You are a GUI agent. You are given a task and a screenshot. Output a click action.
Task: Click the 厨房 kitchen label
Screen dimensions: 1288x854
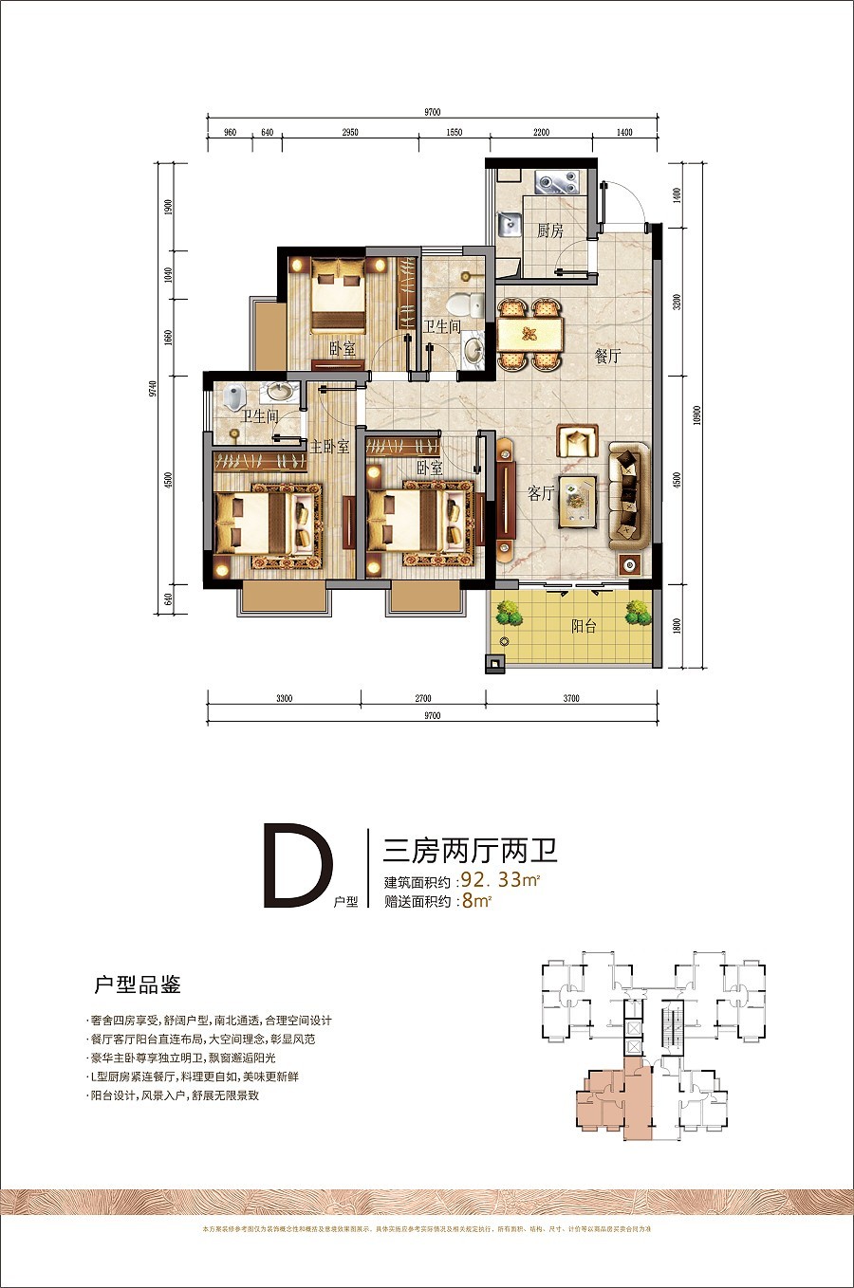tap(549, 230)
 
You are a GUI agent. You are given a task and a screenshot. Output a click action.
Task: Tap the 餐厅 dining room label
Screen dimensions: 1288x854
tap(607, 356)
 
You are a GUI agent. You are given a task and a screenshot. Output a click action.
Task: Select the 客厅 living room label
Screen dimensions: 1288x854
tap(541, 493)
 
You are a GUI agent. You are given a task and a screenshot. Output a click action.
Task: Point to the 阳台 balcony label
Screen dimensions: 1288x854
tap(584, 626)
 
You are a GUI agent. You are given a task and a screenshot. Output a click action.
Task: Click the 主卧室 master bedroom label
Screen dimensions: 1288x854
tap(329, 447)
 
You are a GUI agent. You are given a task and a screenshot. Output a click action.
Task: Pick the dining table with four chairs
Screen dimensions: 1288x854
tap(529, 334)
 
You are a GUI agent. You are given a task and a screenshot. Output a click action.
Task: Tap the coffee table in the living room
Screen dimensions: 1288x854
tap(577, 500)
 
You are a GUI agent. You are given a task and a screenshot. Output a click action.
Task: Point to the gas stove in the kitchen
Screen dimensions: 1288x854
tap(555, 181)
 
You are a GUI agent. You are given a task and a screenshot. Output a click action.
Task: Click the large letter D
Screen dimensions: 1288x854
tap(296, 868)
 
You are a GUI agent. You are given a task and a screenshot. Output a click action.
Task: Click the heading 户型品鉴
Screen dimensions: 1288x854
tap(138, 984)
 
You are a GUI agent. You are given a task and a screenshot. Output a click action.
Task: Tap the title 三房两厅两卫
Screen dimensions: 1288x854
tap(469, 849)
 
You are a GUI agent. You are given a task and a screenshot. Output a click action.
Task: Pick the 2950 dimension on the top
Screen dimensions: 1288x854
tap(350, 133)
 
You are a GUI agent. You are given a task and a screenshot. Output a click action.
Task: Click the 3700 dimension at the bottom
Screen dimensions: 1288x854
tap(571, 698)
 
